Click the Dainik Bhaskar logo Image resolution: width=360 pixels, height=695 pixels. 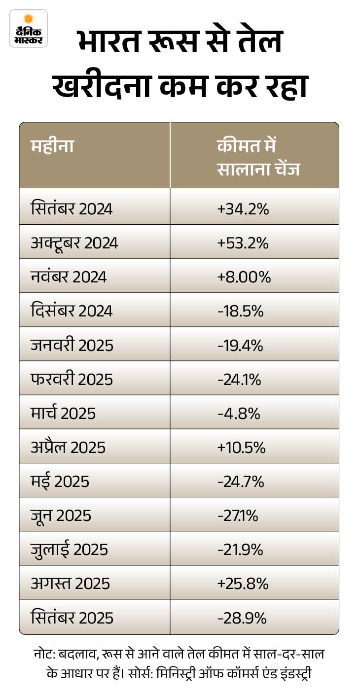[x=29, y=28]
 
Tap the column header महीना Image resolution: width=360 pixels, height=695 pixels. [x=52, y=147]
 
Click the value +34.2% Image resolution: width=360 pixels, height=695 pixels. [x=243, y=209]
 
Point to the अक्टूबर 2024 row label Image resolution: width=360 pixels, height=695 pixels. [x=74, y=243]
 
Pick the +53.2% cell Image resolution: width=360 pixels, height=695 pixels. [x=243, y=243]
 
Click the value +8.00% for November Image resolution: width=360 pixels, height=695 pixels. [x=244, y=277]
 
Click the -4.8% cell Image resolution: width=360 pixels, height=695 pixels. [x=239, y=413]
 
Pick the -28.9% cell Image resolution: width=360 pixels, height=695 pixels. [x=242, y=618]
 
